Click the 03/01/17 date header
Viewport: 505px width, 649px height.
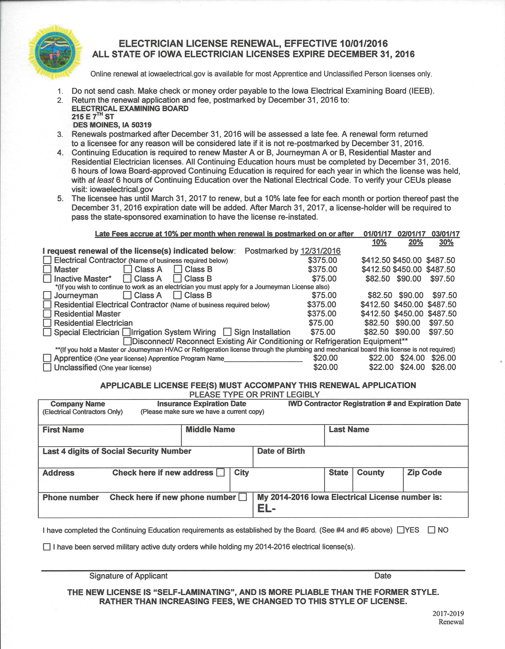coord(446,234)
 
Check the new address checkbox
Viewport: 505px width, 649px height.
coord(220,472)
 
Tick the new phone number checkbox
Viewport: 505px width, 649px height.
coord(243,497)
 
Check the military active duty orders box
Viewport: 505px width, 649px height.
coord(47,547)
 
